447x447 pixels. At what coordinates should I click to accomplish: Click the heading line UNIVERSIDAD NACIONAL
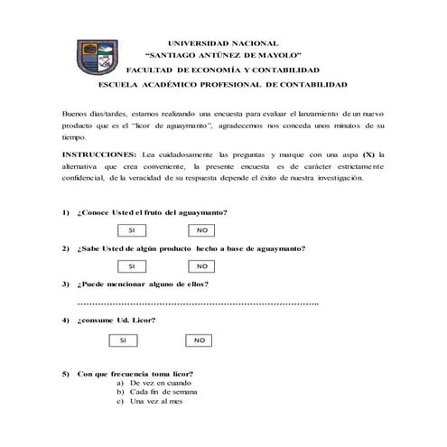coord(223,42)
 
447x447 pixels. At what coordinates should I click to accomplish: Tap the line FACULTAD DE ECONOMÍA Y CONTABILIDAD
coord(223,70)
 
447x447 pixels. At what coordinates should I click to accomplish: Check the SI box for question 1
coord(132,230)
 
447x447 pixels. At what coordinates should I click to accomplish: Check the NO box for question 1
coord(202,230)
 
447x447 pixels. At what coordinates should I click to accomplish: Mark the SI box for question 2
coord(132,266)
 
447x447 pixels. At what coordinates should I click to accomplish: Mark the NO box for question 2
coord(202,266)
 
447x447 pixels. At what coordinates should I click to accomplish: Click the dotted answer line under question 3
coord(199,303)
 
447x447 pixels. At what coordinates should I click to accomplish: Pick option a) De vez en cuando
coord(154,383)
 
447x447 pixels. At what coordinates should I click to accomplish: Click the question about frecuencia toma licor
coord(135,373)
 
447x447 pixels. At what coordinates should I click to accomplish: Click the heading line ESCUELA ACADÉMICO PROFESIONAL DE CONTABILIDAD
coord(223,84)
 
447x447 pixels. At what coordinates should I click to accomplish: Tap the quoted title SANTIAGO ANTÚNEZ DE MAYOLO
coord(223,55)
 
